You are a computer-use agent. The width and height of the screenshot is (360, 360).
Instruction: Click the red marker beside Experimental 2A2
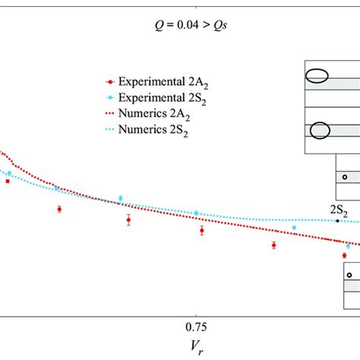click(112, 81)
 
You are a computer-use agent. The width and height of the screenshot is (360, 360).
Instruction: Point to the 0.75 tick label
click(197, 326)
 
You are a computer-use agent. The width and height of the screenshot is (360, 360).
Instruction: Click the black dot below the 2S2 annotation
click(337, 221)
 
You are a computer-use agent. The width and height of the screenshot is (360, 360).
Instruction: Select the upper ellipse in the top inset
click(317, 75)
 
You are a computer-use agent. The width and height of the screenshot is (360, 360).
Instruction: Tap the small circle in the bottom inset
click(349, 275)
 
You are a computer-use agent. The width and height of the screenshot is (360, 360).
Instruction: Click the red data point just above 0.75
click(201, 230)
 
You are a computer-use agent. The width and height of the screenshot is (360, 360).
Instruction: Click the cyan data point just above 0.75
click(197, 213)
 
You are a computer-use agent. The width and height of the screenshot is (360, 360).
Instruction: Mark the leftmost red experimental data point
click(8, 181)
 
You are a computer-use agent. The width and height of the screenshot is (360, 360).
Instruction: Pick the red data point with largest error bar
click(128, 220)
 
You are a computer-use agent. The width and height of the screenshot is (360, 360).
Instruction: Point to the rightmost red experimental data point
click(344, 255)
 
